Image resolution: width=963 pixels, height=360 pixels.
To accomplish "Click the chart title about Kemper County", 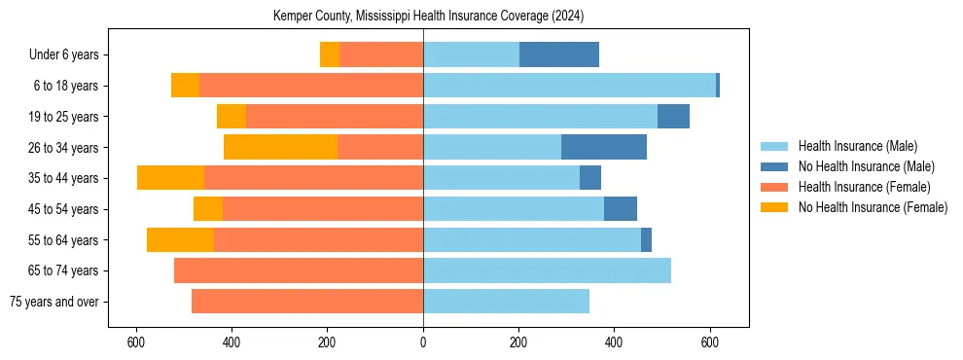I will click(x=423, y=16).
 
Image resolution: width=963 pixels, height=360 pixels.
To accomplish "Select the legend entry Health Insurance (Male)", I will click(x=856, y=146).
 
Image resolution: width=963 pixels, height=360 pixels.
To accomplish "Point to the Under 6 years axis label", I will click(x=63, y=55).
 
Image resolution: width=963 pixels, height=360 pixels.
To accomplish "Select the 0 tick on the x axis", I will click(x=423, y=342).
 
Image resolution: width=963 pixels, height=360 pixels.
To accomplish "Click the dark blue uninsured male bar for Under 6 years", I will click(x=559, y=55).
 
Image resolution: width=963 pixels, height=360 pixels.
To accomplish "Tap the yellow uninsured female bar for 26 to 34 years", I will click(x=280, y=147).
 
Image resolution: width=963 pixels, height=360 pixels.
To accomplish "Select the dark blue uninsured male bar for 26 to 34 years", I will click(x=604, y=147).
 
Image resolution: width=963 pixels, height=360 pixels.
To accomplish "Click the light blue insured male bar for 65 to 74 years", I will click(x=547, y=270).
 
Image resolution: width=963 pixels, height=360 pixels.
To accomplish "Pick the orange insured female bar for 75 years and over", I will click(x=307, y=302).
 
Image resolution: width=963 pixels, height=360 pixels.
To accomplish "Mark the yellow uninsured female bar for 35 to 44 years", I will click(x=170, y=178).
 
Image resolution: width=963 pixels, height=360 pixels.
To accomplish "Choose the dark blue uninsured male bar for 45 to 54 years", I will click(x=621, y=209).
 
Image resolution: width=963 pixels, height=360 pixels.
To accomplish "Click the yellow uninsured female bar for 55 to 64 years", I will click(x=180, y=239).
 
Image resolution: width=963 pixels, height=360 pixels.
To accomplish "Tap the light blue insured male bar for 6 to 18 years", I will click(x=569, y=86).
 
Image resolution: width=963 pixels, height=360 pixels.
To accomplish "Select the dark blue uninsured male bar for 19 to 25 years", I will click(x=673, y=117).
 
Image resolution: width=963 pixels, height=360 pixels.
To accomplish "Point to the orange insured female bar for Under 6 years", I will click(x=381, y=55).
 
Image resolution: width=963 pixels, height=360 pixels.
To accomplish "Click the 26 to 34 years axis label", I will click(x=63, y=148).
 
